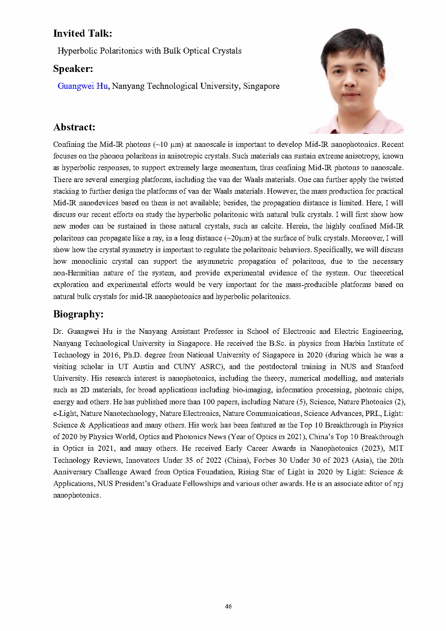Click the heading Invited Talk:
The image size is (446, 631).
pos(82,33)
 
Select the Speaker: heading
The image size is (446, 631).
pos(73,69)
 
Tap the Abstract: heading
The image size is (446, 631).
pos(74,127)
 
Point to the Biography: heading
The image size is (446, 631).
pos(78,314)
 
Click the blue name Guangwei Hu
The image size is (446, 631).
pos(82,86)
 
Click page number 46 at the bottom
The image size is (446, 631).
pos(228,606)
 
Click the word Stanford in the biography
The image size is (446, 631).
pos(389,366)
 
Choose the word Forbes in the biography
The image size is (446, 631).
pos(265,460)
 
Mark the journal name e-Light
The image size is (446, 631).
pos(64,413)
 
